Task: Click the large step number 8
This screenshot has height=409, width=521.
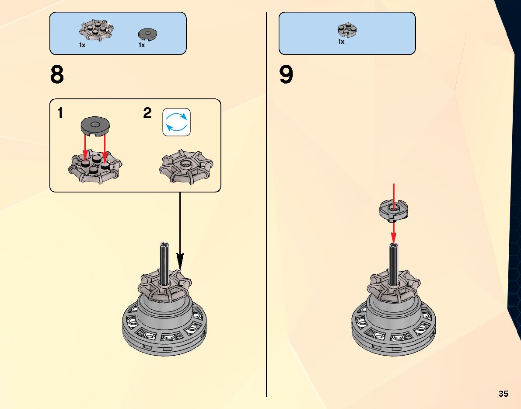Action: click(x=57, y=75)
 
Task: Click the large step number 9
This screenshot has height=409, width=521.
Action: click(x=286, y=75)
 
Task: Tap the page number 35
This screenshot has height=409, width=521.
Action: click(x=503, y=394)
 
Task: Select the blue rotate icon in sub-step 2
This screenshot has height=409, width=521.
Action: click(x=177, y=122)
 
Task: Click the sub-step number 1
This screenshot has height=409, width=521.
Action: click(x=60, y=114)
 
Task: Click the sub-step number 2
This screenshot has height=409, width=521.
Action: click(x=147, y=114)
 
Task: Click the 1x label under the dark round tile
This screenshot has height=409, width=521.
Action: click(x=142, y=45)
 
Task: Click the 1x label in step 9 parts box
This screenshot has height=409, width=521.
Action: click(x=341, y=42)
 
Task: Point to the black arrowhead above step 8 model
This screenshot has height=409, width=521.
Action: click(x=180, y=262)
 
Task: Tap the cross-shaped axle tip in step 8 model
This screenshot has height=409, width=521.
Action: click(x=165, y=245)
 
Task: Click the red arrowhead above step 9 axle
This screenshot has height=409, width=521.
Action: click(x=394, y=238)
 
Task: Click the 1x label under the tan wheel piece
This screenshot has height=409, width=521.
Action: click(x=82, y=45)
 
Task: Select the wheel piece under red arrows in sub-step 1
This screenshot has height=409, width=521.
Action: click(x=95, y=168)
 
